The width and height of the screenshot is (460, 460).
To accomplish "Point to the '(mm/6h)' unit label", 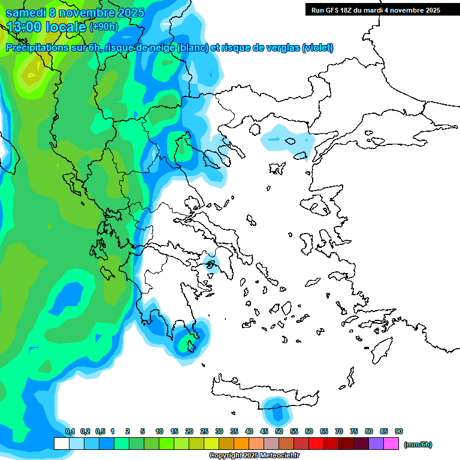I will [418, 444].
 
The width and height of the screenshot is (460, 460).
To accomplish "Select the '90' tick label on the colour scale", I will [398, 431].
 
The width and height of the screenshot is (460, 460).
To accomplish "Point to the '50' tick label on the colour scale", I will [279, 431].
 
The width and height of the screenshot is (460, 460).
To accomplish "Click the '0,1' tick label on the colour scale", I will [70, 431].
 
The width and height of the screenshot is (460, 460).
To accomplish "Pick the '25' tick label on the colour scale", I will [204, 431].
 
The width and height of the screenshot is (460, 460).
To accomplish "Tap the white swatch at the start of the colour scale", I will [62, 444].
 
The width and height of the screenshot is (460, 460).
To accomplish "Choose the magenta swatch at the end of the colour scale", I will [391, 444].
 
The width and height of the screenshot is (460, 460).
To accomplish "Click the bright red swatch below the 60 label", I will [316, 444].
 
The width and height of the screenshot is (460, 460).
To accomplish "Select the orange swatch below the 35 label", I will [241, 444].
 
